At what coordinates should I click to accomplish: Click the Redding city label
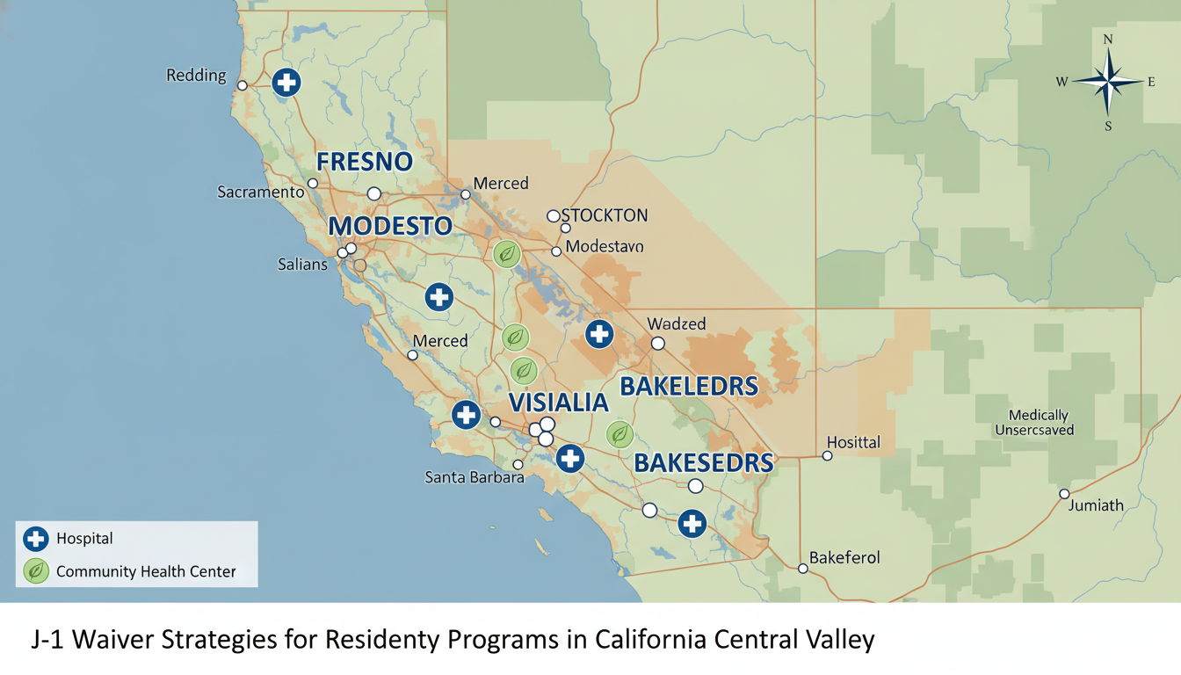(196, 76)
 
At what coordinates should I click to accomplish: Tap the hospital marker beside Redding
(286, 83)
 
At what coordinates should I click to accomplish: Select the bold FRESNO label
(364, 163)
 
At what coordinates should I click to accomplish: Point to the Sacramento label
(261, 191)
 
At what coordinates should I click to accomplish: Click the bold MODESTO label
(390, 226)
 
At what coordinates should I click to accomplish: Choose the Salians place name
(302, 264)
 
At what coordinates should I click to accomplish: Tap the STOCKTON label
(605, 215)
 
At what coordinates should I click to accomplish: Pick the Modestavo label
(605, 247)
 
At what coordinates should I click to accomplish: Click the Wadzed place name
(677, 323)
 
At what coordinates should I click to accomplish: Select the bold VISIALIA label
(559, 403)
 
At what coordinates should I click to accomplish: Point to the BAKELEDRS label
(689, 386)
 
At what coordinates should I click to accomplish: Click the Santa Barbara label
(475, 477)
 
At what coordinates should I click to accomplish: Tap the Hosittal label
(854, 442)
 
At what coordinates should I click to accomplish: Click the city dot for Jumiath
(1064, 494)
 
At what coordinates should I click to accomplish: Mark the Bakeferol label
(844, 557)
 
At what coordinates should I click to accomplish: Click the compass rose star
(1108, 83)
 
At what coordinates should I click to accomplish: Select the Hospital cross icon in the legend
(36, 539)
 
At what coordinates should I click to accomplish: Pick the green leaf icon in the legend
(36, 571)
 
